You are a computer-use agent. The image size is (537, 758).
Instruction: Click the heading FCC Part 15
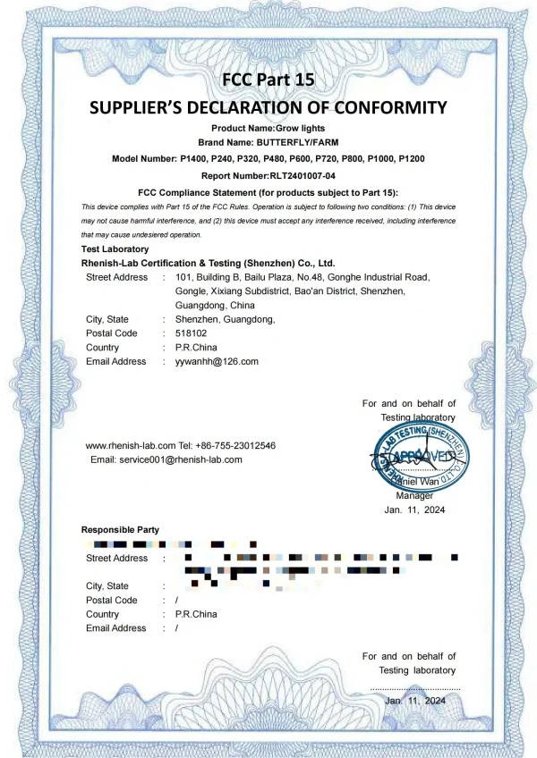[268, 80]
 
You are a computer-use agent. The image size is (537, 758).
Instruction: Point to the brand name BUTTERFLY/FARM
[298, 143]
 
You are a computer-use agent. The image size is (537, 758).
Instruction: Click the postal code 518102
[191, 333]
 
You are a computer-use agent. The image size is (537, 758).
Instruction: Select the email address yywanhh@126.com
[217, 361]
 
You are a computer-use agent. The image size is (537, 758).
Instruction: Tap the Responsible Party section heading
[120, 529]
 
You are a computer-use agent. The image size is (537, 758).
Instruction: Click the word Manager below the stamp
[414, 495]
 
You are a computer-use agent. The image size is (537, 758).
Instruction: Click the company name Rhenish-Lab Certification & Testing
[208, 264]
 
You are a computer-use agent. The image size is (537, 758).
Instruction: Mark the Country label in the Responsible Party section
[102, 614]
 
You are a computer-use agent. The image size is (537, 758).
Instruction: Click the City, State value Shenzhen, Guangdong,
[225, 319]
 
